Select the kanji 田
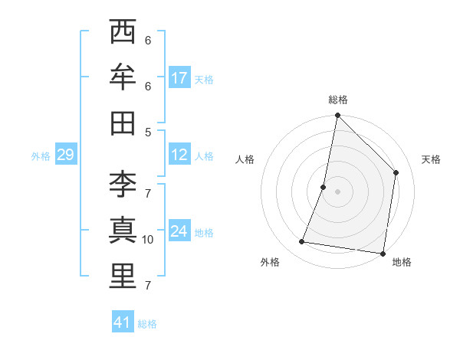pyautogui.click(x=123, y=123)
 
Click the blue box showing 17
pyautogui.click(x=179, y=78)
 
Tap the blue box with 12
pyautogui.click(x=179, y=155)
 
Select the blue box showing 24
pyautogui.click(x=179, y=232)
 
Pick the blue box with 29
pyautogui.click(x=65, y=155)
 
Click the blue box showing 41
pyautogui.click(x=123, y=322)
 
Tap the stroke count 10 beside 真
pyautogui.click(x=148, y=240)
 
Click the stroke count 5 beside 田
pyautogui.click(x=148, y=132)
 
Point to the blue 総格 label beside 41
pyautogui.click(x=147, y=324)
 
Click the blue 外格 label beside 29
pyautogui.click(x=41, y=156)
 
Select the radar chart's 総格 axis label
pyautogui.click(x=338, y=100)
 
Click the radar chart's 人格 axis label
pyautogui.click(x=245, y=159)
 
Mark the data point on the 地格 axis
pyautogui.click(x=383, y=253)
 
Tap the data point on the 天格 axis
pyautogui.click(x=396, y=172)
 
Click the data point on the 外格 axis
pyautogui.click(x=302, y=242)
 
